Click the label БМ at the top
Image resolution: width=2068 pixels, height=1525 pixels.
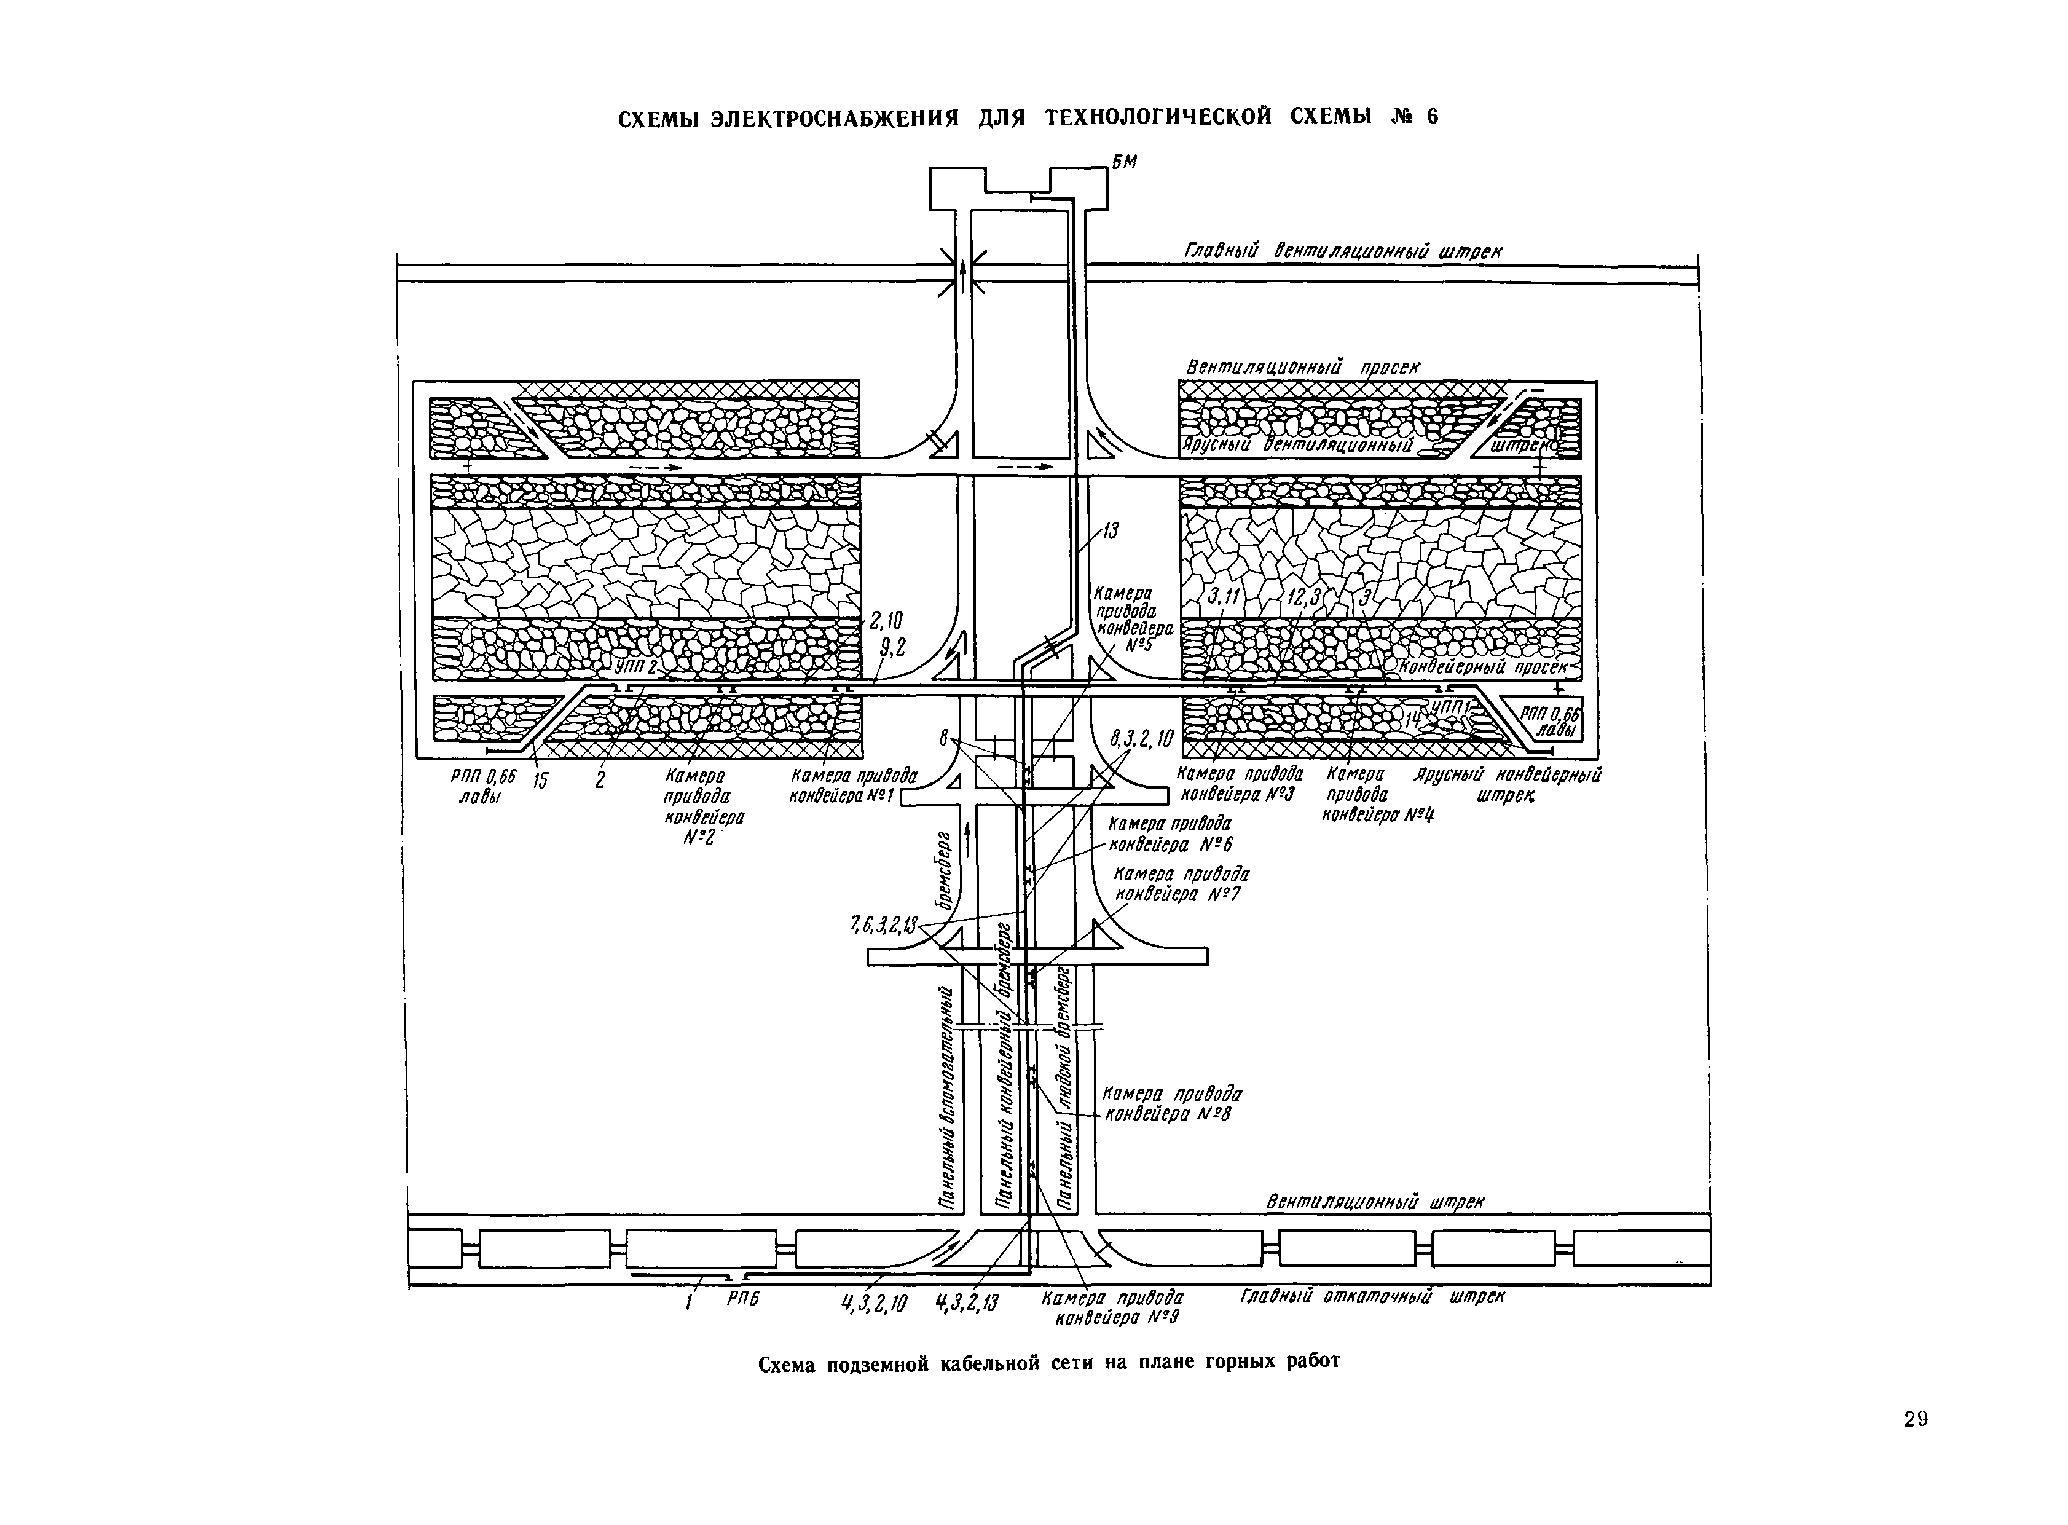1124,162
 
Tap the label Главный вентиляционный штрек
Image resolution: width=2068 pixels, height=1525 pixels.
1343,251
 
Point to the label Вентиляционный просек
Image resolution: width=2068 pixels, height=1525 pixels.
1302,368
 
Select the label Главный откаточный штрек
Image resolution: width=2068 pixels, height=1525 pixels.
1372,1297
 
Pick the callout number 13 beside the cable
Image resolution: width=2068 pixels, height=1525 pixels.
1110,531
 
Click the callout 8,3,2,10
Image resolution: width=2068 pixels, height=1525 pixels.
1141,738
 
